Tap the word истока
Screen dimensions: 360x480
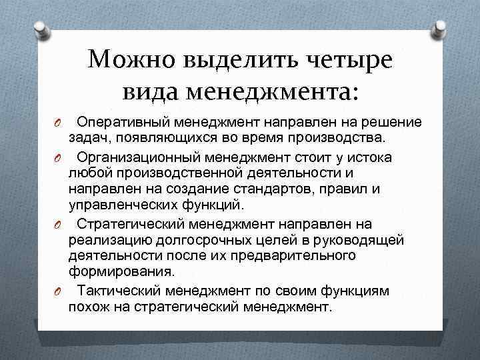(372, 157)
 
